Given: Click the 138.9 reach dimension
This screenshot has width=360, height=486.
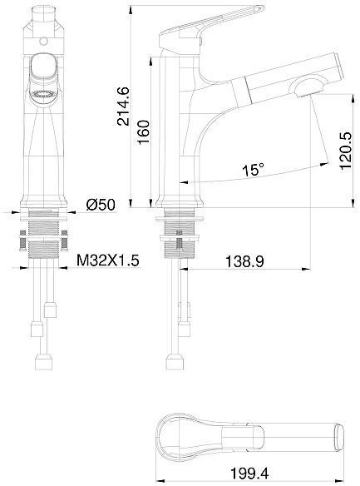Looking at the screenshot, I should (246, 261).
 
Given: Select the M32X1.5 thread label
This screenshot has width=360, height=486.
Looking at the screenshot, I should (108, 261).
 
